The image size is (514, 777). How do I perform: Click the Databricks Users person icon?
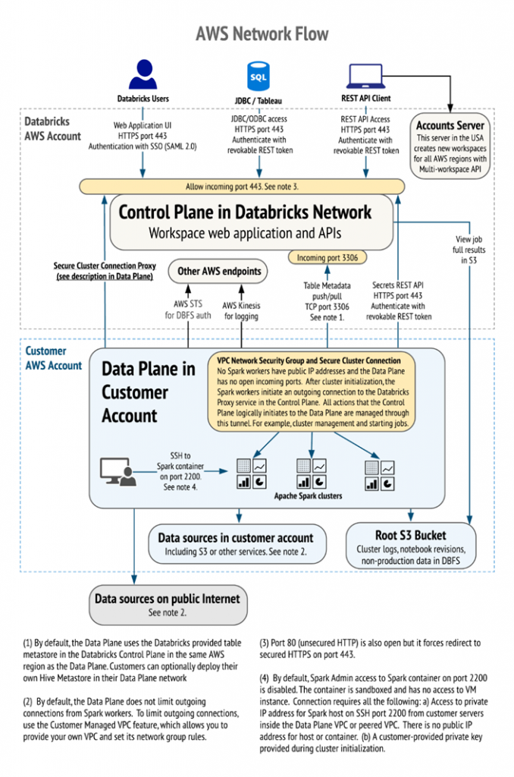[x=143, y=74]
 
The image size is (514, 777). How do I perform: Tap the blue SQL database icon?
[x=259, y=76]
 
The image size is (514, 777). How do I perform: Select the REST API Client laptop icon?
[x=365, y=77]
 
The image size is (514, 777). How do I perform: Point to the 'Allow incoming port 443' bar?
[x=242, y=187]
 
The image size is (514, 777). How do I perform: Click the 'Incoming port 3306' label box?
[x=328, y=257]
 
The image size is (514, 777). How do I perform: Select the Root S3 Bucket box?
[x=410, y=546]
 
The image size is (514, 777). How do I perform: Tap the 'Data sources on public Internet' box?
[x=168, y=605]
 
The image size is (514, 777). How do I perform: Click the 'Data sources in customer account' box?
[x=237, y=544]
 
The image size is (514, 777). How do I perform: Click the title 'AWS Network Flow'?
[x=262, y=33]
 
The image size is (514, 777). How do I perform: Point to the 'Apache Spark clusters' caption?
[x=308, y=495]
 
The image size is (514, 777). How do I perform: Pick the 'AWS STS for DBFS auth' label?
[x=188, y=310]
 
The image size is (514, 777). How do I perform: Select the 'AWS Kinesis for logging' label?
[x=241, y=310]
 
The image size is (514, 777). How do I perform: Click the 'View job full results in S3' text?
[x=469, y=250]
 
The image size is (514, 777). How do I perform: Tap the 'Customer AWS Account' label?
[x=54, y=358]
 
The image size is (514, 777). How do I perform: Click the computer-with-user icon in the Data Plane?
[x=118, y=471]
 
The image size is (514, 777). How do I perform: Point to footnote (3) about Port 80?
[x=370, y=649]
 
